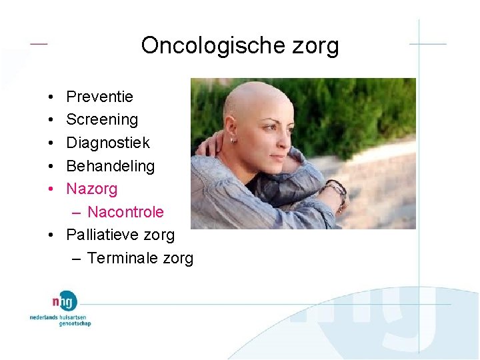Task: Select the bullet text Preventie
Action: tap(99, 97)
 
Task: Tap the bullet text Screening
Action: tap(102, 120)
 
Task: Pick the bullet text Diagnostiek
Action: tap(108, 143)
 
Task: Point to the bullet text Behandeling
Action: tap(110, 166)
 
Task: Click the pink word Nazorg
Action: tap(91, 189)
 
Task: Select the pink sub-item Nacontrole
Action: tap(125, 212)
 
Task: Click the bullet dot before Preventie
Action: tap(51, 97)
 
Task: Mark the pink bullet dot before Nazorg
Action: tap(51, 189)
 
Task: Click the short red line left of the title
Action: tap(39, 43)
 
